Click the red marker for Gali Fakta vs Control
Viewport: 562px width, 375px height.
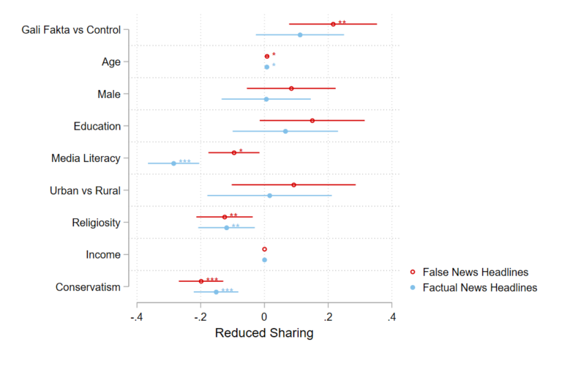[333, 24]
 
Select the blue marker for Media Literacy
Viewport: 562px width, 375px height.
[173, 163]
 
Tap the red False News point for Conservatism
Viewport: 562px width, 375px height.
[201, 281]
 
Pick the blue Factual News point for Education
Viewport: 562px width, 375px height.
[285, 131]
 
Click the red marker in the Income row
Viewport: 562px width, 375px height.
[265, 249]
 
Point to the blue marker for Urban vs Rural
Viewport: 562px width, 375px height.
[269, 196]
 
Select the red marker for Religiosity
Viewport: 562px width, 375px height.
[225, 217]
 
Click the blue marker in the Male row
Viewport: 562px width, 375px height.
[266, 99]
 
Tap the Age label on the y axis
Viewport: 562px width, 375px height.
[111, 62]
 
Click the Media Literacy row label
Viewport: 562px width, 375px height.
[86, 158]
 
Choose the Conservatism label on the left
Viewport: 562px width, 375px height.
[88, 287]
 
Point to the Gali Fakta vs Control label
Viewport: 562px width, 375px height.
[71, 30]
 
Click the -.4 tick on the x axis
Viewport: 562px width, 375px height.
[136, 317]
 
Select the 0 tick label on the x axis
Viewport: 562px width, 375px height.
[264, 317]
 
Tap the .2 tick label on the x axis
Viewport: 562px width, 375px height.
[328, 317]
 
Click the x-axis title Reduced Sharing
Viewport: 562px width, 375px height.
[264, 334]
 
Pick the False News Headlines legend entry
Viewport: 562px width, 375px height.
[475, 272]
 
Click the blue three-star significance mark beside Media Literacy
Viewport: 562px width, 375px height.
[185, 162]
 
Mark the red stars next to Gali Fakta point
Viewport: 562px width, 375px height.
[342, 23]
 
